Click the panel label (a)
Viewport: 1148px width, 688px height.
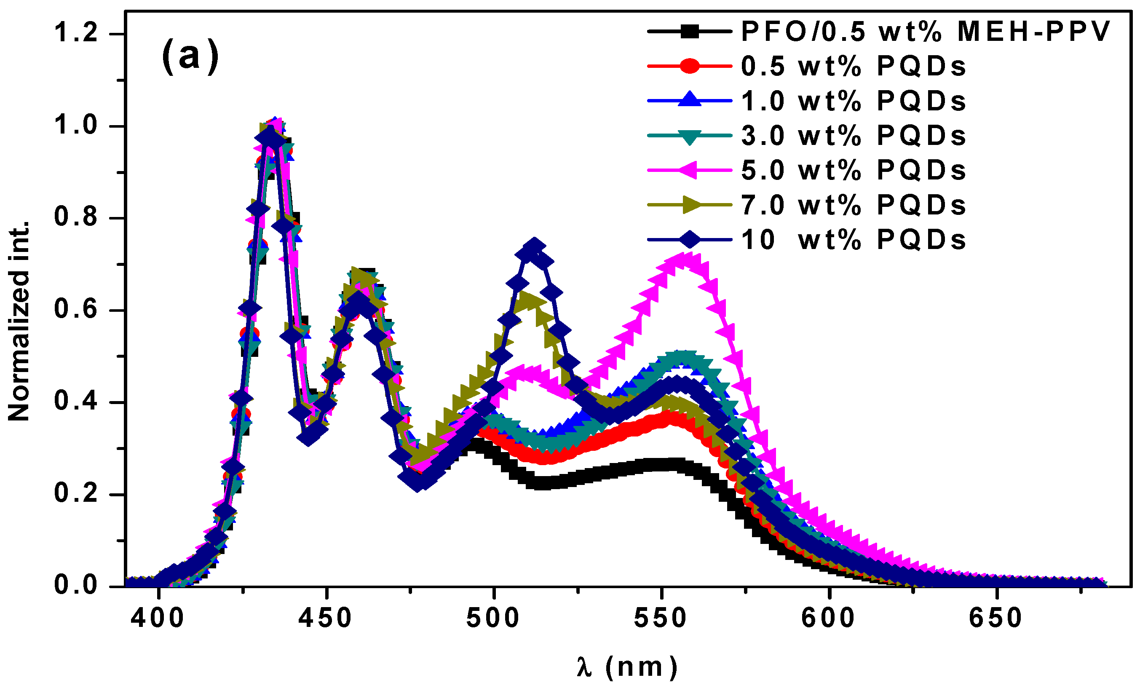(190, 56)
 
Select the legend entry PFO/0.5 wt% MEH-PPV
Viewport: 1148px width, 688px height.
(926, 32)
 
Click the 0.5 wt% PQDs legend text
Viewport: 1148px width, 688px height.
(853, 66)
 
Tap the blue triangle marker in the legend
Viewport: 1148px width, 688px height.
(690, 100)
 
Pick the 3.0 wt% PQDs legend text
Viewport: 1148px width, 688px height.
(853, 135)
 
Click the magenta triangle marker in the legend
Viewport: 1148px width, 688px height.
(690, 170)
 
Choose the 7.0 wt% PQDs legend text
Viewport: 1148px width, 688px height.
(853, 205)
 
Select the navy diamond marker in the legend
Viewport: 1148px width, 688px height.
(690, 240)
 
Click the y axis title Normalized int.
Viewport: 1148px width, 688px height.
(19, 321)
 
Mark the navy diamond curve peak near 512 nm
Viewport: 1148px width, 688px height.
(534, 246)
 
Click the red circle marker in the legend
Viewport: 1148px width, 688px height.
(690, 66)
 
